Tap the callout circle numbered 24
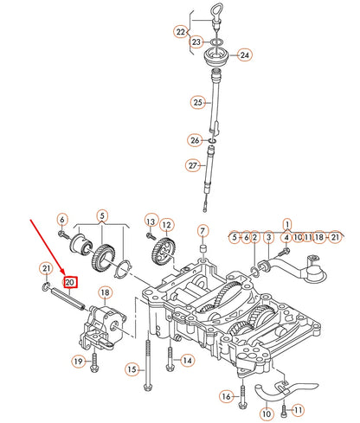[x=244, y=54]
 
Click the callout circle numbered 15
[x=132, y=369]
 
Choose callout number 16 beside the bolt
[x=226, y=396]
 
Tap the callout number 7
[x=203, y=231]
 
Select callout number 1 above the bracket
[x=286, y=223]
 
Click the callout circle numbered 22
[x=180, y=32]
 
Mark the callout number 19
[x=78, y=361]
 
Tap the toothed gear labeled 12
[x=164, y=253]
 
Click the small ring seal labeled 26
[x=213, y=140]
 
